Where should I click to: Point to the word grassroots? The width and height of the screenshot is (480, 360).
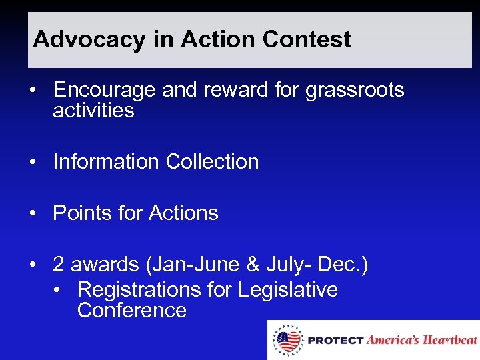[355, 90]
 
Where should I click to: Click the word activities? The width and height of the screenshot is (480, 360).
[93, 110]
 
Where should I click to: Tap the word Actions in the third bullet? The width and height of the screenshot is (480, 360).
[183, 213]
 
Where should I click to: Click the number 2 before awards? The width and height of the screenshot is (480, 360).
[59, 265]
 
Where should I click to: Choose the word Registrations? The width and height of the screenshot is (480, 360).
[139, 290]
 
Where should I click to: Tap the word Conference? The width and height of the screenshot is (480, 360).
[131, 310]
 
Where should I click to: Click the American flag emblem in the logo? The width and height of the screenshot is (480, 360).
[287, 340]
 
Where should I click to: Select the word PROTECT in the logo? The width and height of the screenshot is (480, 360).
[336, 341]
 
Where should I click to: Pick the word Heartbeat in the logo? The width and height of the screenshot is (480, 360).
[451, 340]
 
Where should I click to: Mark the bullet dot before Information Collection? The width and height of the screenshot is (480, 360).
[33, 162]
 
